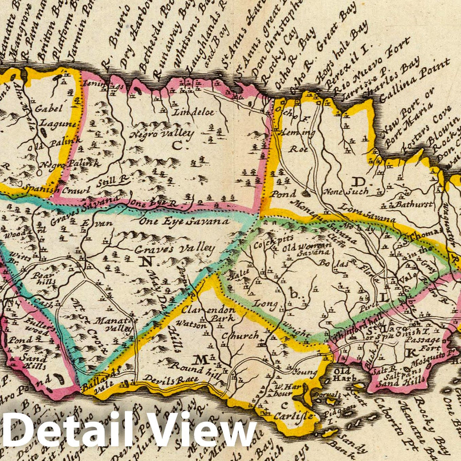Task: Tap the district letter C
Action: (x=177, y=146)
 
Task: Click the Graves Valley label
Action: (x=175, y=249)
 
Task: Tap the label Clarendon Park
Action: (x=208, y=313)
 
